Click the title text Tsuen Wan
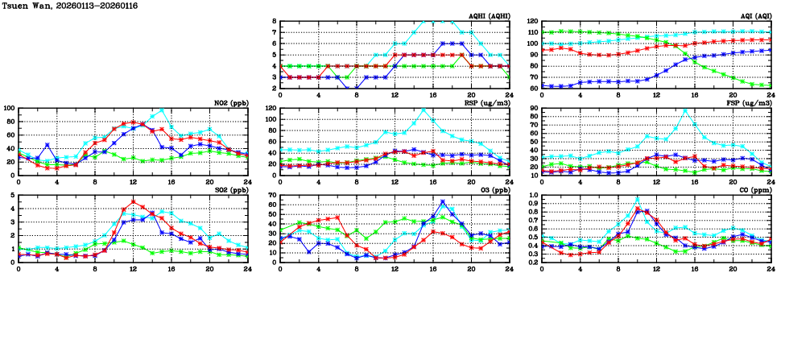click(24, 6)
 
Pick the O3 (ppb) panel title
click(493, 190)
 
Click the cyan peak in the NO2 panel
click(162, 110)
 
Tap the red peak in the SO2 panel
click(133, 202)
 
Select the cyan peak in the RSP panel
click(423, 110)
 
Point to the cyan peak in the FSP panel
click(685, 110)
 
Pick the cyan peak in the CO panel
click(637, 199)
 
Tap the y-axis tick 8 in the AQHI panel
click(275, 22)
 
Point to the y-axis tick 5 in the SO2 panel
click(12, 195)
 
